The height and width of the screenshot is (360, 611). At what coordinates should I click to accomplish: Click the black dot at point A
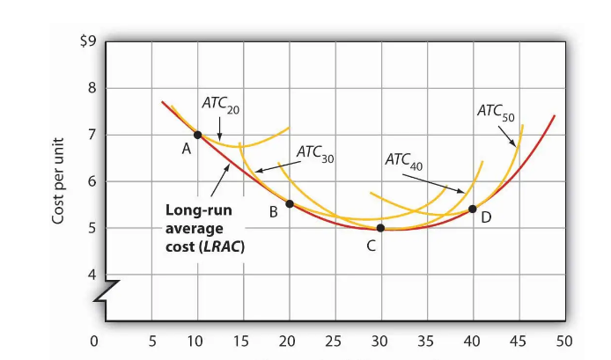tap(198, 135)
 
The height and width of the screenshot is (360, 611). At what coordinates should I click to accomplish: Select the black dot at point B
tap(290, 203)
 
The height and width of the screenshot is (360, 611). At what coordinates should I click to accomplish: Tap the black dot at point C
tap(380, 228)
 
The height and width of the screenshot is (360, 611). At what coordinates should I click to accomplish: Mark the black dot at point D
tap(473, 209)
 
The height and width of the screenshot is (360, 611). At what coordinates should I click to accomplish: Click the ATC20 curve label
tap(220, 106)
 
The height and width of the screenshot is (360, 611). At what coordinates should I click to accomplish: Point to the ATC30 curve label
tap(316, 153)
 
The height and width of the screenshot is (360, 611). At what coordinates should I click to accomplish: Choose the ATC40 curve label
tap(404, 162)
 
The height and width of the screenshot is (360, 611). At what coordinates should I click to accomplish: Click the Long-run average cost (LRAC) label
tap(203, 229)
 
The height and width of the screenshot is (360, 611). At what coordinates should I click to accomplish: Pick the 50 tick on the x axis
tap(564, 341)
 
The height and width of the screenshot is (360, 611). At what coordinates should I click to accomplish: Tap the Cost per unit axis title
tap(60, 180)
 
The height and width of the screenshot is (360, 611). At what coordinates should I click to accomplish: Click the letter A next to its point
tap(187, 150)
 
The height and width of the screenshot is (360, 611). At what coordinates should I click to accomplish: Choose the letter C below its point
tap(372, 246)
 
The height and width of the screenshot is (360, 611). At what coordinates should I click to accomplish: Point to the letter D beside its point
tap(486, 217)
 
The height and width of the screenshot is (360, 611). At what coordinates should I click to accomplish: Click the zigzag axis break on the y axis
tap(107, 290)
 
